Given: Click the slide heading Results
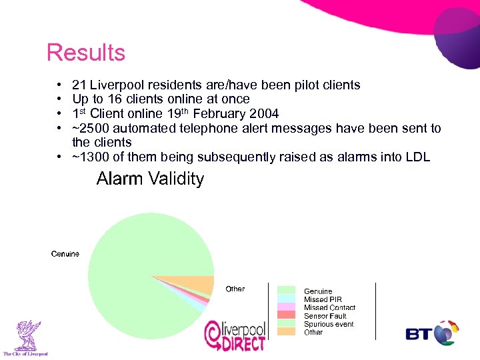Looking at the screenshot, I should pyautogui.click(x=86, y=53).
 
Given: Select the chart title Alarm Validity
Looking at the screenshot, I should pyautogui.click(x=150, y=179).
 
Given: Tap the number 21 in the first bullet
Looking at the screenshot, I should pyautogui.click(x=79, y=85).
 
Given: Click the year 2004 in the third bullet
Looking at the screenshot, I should pyautogui.click(x=265, y=113).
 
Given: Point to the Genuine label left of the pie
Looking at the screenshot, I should pyautogui.click(x=65, y=253).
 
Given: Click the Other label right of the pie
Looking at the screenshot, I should pyautogui.click(x=235, y=289).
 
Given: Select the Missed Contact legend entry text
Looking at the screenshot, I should pyautogui.click(x=329, y=308).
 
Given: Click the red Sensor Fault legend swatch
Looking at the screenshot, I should pyautogui.click(x=286, y=315).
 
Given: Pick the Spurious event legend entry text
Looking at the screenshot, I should pyautogui.click(x=329, y=324).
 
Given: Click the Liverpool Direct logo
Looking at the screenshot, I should pyautogui.click(x=235, y=335).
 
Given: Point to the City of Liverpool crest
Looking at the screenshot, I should pyautogui.click(x=25, y=337).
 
